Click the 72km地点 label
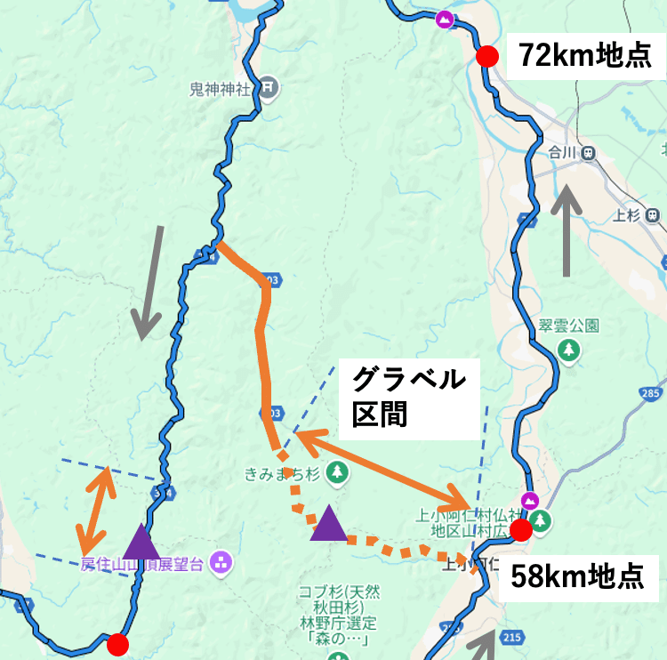586,56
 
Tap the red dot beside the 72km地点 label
486,57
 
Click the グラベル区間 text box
408,397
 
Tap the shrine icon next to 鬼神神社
269,87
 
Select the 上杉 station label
626,214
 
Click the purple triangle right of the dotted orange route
329,523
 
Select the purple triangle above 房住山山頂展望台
141,541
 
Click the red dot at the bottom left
117,644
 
